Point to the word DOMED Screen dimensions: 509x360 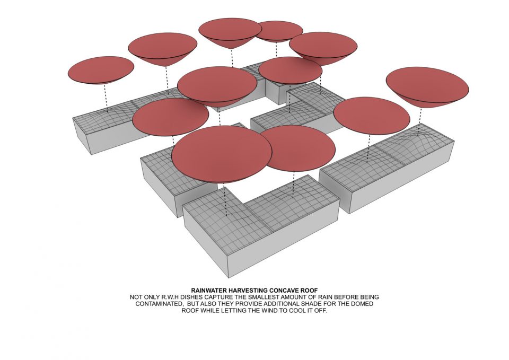coord(362,304)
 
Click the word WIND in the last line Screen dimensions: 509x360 coord(271,311)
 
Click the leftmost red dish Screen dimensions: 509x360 coord(101,70)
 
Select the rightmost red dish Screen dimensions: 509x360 coord(427,86)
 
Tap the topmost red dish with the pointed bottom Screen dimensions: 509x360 coord(230,32)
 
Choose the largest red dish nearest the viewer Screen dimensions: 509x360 coord(222,154)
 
